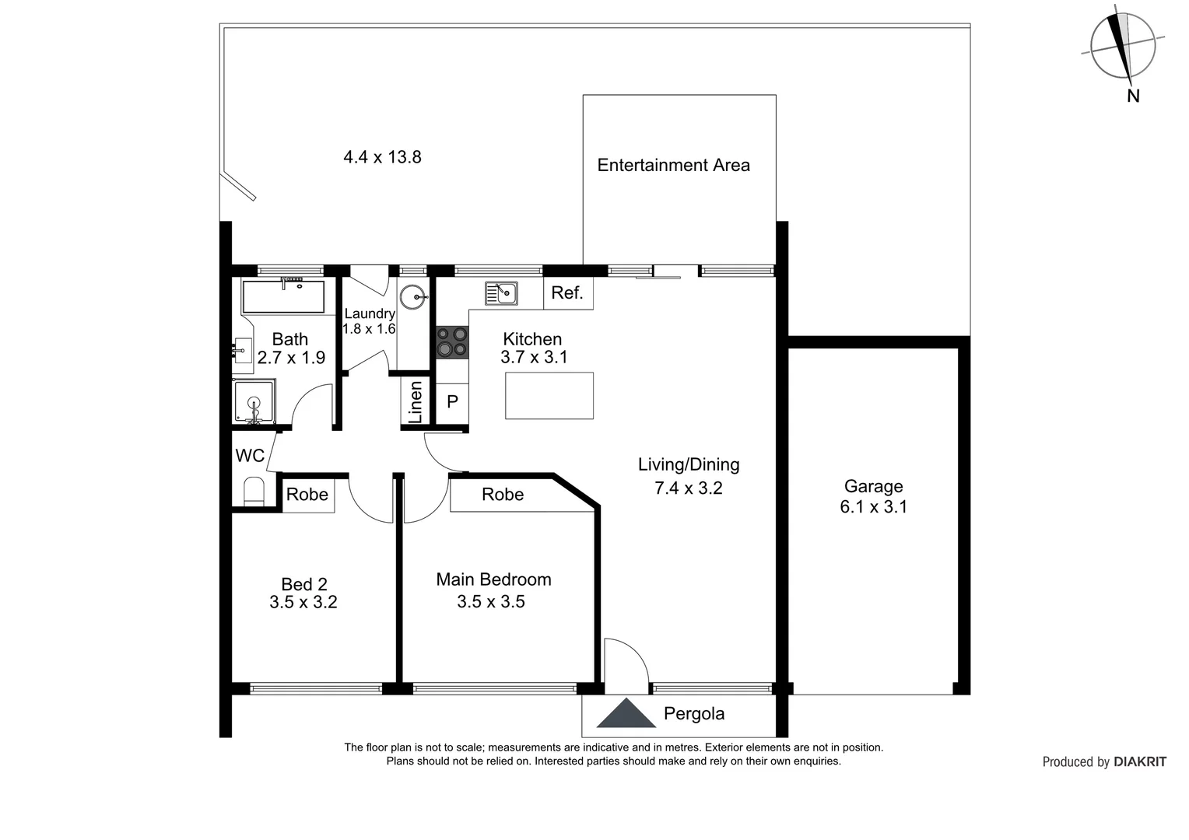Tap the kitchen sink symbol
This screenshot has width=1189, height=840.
[x=501, y=293]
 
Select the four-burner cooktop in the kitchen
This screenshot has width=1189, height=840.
[x=452, y=342]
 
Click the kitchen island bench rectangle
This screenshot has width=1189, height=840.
[x=549, y=395]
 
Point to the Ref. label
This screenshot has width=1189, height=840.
[x=567, y=293]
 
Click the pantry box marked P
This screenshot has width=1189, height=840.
[x=452, y=403]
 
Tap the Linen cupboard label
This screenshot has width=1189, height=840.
[x=416, y=402]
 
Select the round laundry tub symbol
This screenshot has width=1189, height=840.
[x=412, y=296]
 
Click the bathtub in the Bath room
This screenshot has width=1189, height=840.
[x=283, y=296]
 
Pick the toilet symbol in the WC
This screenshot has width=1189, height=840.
[x=254, y=492]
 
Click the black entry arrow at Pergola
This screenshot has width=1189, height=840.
[x=626, y=715]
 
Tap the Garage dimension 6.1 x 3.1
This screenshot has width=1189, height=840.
[x=873, y=507]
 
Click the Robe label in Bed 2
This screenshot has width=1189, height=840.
[x=307, y=495]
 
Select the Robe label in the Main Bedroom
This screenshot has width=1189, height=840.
[x=503, y=495]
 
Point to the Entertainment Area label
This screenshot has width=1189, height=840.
[x=673, y=165]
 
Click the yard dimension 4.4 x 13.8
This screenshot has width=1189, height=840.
[x=382, y=157]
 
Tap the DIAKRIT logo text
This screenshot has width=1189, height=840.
[x=1140, y=762]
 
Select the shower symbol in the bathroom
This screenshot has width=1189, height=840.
[x=254, y=403]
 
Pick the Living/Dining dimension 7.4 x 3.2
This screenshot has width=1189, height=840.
[x=689, y=488]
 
